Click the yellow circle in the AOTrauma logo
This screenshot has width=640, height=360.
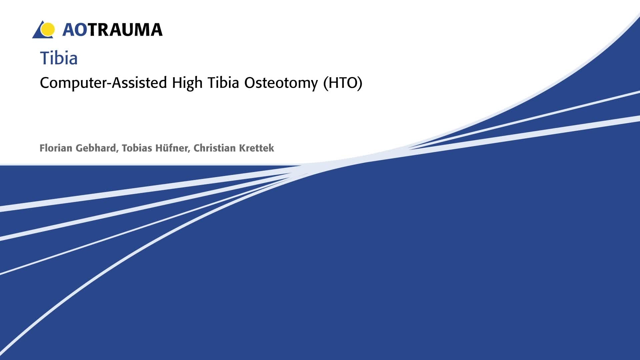[x=48, y=29]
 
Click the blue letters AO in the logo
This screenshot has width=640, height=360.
[x=75, y=30]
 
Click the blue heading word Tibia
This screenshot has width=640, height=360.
[x=59, y=58]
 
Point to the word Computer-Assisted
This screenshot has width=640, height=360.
[x=103, y=83]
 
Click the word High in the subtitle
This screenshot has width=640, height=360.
[x=187, y=83]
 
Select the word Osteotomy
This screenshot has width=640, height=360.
[x=281, y=83]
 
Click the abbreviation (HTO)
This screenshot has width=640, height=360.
[x=343, y=83]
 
